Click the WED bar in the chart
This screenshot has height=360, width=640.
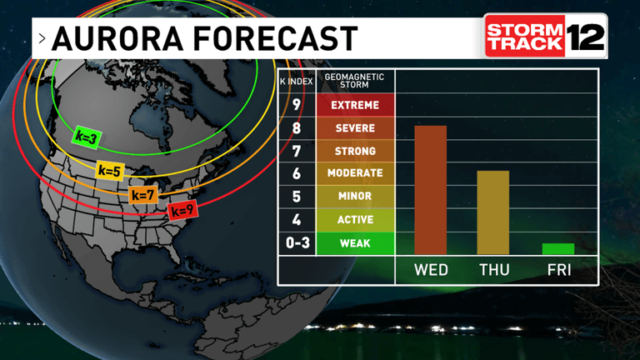pos(431,190)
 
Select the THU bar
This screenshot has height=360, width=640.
pos(492,212)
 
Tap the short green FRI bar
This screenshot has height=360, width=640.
pos(558,248)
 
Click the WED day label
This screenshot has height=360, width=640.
pos(431,270)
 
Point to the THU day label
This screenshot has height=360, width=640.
pos(493,270)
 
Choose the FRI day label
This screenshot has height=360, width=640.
pos(558,270)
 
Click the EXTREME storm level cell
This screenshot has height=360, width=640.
pos(355,105)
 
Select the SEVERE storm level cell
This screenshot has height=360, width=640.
pos(355,128)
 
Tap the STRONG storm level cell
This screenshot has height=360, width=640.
pos(355,151)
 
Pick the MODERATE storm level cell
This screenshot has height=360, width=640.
pos(355,173)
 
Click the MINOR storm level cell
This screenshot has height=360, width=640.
pos(355,197)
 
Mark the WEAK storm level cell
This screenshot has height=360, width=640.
pos(355,244)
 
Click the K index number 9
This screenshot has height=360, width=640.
pos(297,105)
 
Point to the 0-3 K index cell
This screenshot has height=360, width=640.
pos(297,244)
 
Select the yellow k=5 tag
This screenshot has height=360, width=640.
pos(110,171)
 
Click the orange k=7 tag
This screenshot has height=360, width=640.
pos(143,195)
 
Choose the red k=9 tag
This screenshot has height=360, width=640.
pos(182,211)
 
